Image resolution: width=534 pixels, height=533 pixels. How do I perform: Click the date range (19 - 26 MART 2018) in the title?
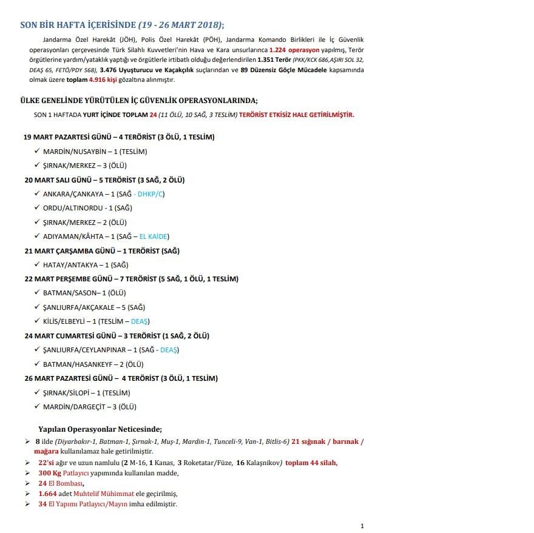tap(181, 25)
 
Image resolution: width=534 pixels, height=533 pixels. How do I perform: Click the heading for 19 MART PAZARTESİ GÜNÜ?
tap(119, 137)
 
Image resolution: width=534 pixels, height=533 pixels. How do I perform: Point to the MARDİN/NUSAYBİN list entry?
tap(95, 151)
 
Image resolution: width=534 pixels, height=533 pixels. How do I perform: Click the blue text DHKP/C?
tap(151, 194)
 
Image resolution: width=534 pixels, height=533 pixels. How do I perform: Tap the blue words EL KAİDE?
tap(154, 236)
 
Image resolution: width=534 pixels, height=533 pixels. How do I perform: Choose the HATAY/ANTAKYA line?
tap(86, 265)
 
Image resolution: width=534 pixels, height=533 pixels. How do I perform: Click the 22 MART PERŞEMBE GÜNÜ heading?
tap(131, 279)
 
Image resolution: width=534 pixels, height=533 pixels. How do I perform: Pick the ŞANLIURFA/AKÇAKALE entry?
tap(94, 307)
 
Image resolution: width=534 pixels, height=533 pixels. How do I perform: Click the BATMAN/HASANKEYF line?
tap(93, 364)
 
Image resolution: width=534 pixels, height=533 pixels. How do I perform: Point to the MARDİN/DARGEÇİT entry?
tap(93, 407)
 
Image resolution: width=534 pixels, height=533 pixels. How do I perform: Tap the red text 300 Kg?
tap(49, 472)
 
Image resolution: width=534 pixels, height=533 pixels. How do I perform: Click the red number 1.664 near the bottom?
tap(47, 494)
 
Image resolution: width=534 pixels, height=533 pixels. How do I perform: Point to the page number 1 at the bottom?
tap(362, 526)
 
